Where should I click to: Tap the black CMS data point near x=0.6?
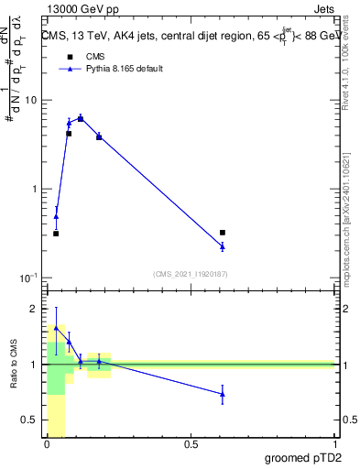click(223, 233)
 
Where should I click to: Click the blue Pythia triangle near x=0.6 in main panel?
click(223, 246)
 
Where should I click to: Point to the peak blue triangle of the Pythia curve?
click(81, 118)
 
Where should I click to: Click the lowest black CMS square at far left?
click(56, 234)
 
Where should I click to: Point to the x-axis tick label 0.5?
click(191, 445)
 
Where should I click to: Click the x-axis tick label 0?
click(47, 445)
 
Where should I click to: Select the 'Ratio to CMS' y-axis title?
click(14, 365)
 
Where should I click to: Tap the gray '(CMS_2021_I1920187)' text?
click(191, 273)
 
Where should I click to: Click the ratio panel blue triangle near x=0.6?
click(223, 394)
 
